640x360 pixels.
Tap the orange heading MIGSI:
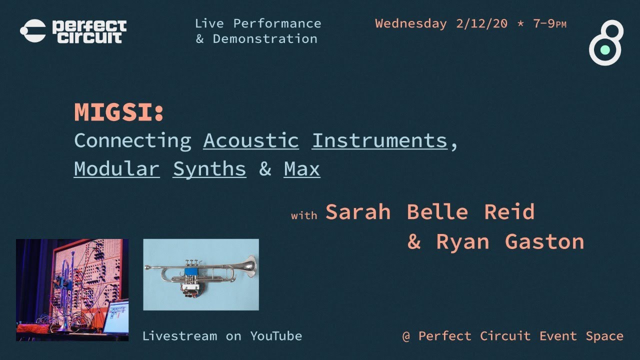(x=119, y=112)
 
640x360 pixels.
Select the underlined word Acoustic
(x=250, y=140)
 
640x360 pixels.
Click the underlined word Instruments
(x=379, y=140)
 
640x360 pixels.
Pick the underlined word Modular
(x=116, y=169)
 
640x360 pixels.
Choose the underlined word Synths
(x=209, y=169)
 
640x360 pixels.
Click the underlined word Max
(x=302, y=169)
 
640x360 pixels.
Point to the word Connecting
(x=132, y=140)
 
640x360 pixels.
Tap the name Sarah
(x=357, y=212)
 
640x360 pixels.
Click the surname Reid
(x=509, y=212)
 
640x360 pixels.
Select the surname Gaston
(x=544, y=242)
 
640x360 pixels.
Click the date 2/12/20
(x=481, y=24)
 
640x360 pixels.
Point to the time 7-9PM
(x=549, y=24)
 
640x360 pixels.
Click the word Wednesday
(x=411, y=24)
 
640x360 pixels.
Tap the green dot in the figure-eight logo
(x=605, y=49)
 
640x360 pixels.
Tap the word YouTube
(x=276, y=336)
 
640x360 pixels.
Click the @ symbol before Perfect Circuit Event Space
(x=406, y=336)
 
